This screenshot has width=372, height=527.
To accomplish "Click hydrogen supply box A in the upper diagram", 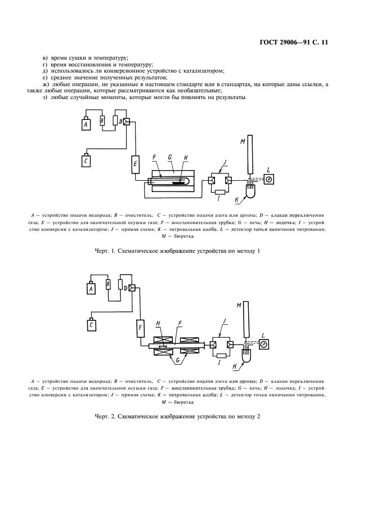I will tap(86, 124).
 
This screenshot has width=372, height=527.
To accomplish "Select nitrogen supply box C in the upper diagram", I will tap(86, 161).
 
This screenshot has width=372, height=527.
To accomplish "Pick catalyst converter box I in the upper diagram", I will tap(220, 193).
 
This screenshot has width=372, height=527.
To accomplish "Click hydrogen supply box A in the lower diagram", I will tap(91, 288).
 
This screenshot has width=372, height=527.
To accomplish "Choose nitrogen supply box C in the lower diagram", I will tap(91, 325).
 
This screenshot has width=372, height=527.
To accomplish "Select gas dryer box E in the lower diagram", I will tap(140, 326).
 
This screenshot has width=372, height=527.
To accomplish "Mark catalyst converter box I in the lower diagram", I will tap(220, 356).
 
